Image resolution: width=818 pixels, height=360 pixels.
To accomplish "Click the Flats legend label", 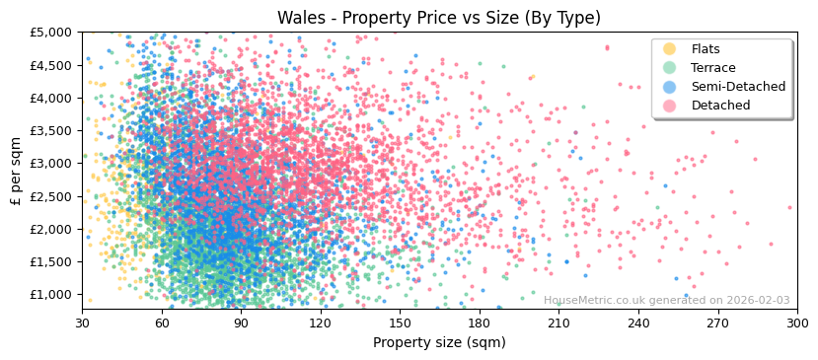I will pyautogui.click(x=706, y=49).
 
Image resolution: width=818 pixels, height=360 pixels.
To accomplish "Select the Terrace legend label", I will pyautogui.click(x=712, y=68).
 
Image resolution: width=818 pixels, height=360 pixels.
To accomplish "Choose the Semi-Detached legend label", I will pyautogui.click(x=738, y=87).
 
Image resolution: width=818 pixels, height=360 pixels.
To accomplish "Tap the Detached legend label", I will pyautogui.click(x=720, y=106).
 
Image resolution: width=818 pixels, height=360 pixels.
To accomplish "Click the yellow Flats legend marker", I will pyautogui.click(x=670, y=49).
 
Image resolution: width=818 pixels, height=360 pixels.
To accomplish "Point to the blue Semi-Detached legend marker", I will pyautogui.click(x=670, y=87).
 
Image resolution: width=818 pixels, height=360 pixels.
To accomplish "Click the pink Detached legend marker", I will pyautogui.click(x=670, y=106).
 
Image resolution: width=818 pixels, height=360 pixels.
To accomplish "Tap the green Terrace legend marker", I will pyautogui.click(x=670, y=68).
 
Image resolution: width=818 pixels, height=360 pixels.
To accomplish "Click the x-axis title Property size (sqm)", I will pyautogui.click(x=438, y=343).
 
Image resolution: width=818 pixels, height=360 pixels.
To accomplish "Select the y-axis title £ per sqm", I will pyautogui.click(x=16, y=172).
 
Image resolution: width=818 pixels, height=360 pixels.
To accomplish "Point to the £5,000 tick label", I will pyautogui.click(x=51, y=33).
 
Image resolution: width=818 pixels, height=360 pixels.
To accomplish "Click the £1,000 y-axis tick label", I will pyautogui.click(x=51, y=294).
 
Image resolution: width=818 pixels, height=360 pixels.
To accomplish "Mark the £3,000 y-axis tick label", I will pyautogui.click(x=51, y=164).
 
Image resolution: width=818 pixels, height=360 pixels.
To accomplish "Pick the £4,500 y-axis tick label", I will pyautogui.click(x=51, y=65).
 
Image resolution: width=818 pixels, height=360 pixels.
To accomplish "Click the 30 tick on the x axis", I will pyautogui.click(x=83, y=323).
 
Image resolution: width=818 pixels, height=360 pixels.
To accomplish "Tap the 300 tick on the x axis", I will pyautogui.click(x=796, y=323).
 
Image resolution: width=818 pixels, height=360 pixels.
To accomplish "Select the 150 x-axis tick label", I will pyautogui.click(x=400, y=323).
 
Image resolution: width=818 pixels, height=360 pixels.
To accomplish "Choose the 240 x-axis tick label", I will pyautogui.click(x=637, y=323).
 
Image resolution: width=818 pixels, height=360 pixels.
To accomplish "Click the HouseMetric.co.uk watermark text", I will pyautogui.click(x=666, y=301).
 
